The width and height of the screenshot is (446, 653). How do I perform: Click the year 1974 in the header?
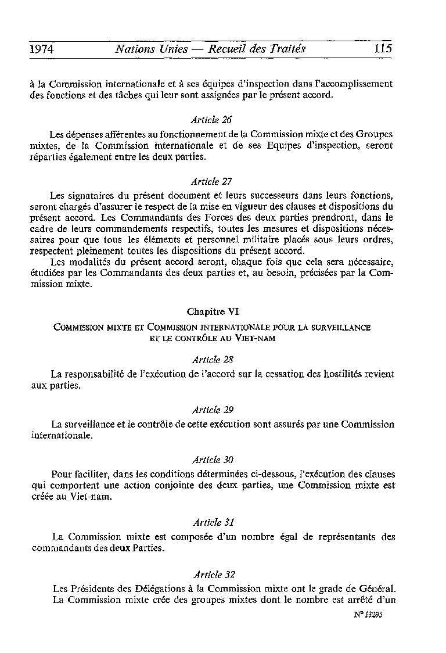pos(41,49)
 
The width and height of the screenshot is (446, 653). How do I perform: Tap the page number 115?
pos(383,49)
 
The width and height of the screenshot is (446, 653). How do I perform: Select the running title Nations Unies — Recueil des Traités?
pos(210,49)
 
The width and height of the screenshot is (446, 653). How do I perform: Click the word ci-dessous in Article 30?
pos(269,473)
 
